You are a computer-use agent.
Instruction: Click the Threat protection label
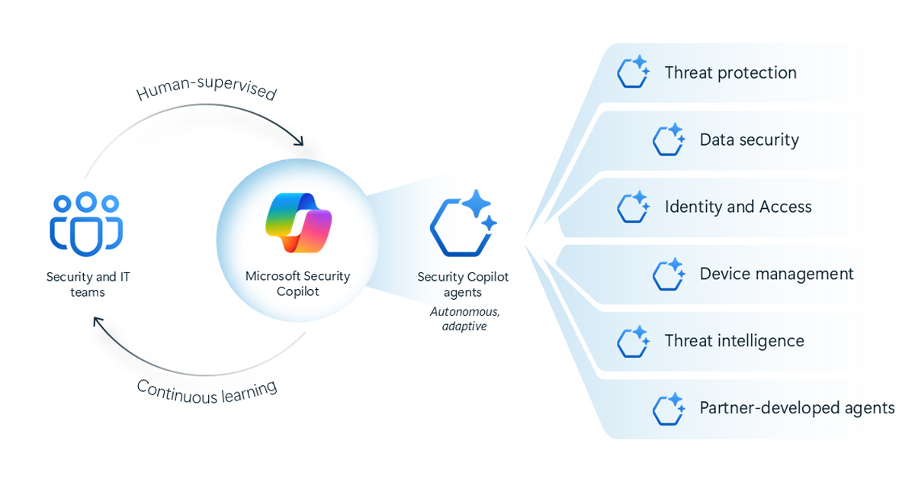(x=730, y=73)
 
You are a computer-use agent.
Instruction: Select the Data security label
(x=749, y=140)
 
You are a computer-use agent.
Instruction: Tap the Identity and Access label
(x=737, y=207)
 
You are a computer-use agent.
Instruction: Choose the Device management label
(x=776, y=274)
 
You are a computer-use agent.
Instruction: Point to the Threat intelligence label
(x=734, y=341)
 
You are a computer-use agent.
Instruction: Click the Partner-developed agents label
(x=797, y=408)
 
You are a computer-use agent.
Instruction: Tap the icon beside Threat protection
(x=633, y=72)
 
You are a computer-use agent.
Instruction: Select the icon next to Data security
(x=669, y=140)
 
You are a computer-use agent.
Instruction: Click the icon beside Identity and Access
(x=633, y=207)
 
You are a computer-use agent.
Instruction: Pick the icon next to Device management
(x=669, y=274)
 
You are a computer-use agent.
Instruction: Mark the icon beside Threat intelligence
(x=633, y=341)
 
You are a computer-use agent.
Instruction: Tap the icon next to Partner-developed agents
(x=669, y=408)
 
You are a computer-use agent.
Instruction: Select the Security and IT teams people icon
(x=87, y=223)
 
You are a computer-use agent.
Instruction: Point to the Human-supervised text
(x=206, y=85)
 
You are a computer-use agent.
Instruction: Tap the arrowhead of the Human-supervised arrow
(x=300, y=141)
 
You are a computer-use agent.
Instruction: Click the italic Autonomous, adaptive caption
(x=463, y=319)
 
